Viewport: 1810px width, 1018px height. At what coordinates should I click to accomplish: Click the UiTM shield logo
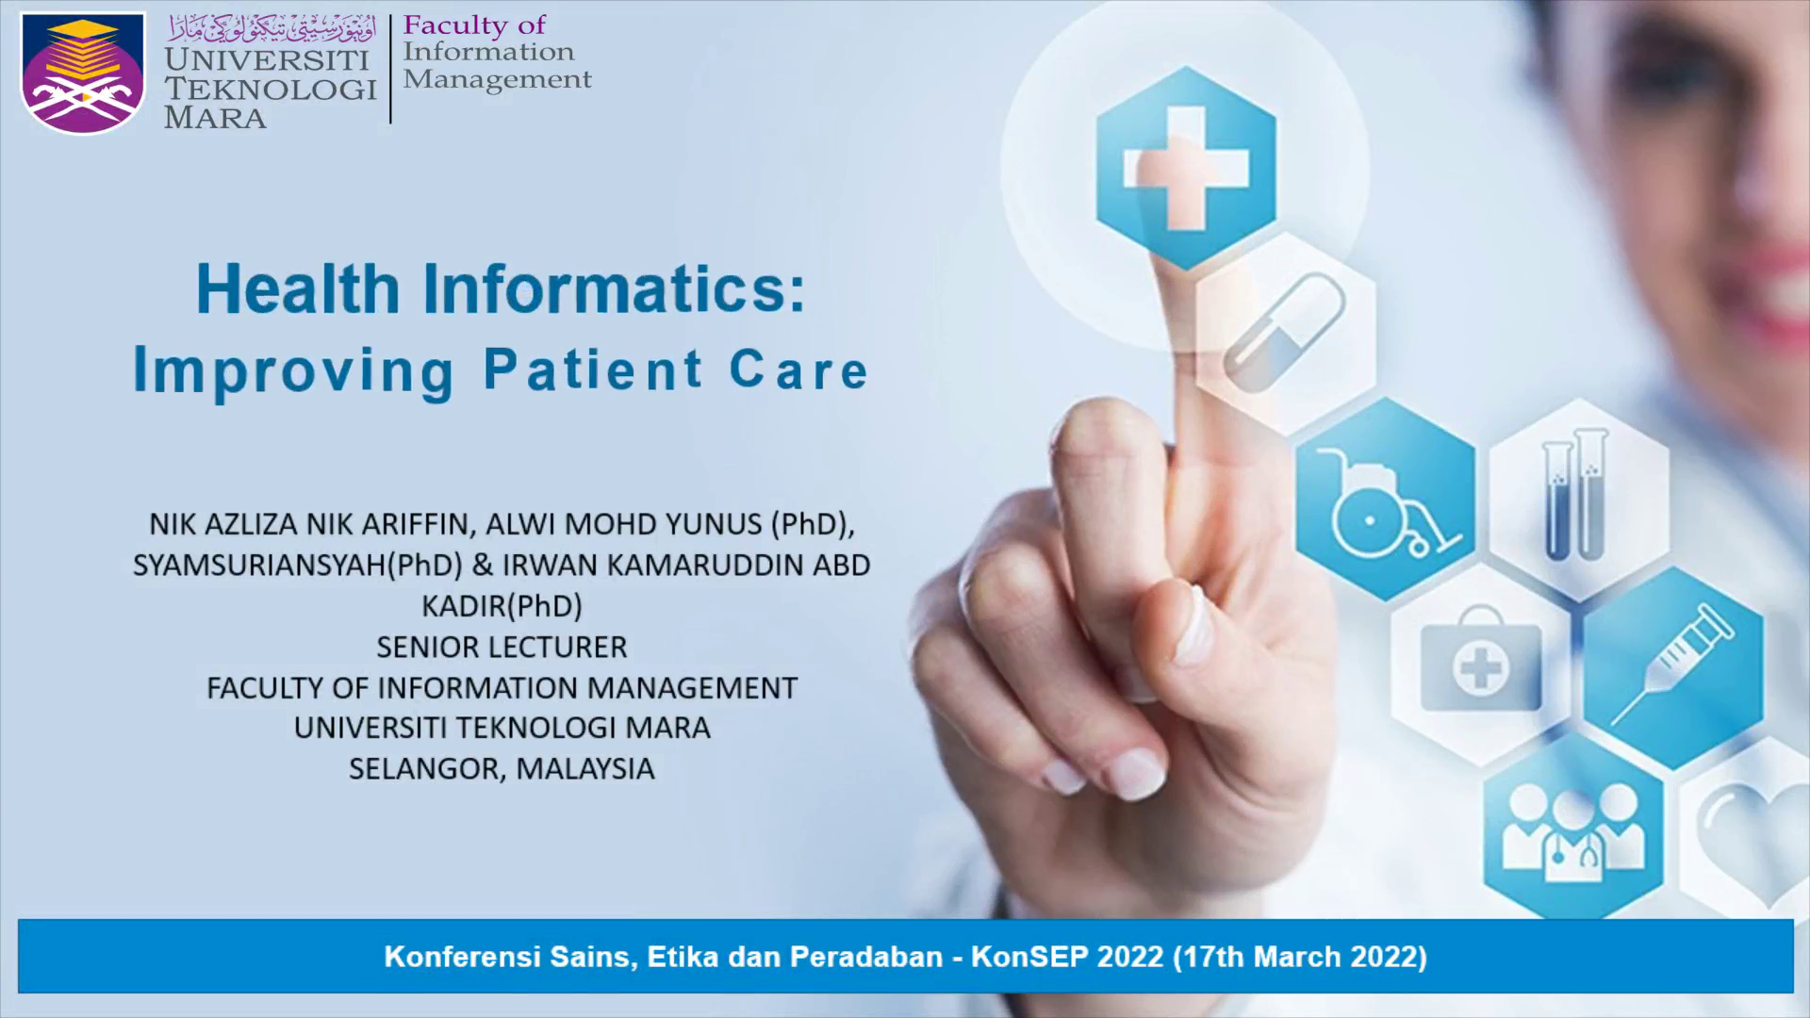(84, 74)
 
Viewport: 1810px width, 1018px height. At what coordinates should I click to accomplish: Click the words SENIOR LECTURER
(502, 648)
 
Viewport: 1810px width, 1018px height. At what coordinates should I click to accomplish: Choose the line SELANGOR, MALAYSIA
(502, 769)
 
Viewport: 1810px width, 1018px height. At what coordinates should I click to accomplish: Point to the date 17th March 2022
(1300, 958)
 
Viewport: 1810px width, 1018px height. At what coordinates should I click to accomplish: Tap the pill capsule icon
(1284, 332)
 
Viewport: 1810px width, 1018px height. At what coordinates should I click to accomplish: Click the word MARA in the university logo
(215, 118)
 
